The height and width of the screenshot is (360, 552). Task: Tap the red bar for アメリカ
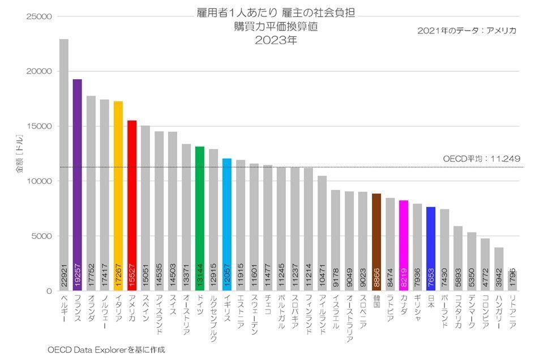[132, 204]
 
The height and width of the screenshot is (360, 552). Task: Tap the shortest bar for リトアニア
[512, 281]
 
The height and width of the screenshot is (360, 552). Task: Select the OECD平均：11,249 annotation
[481, 159]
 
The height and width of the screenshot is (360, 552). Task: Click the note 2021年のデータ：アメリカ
[467, 30]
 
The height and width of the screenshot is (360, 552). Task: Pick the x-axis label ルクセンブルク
[213, 314]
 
